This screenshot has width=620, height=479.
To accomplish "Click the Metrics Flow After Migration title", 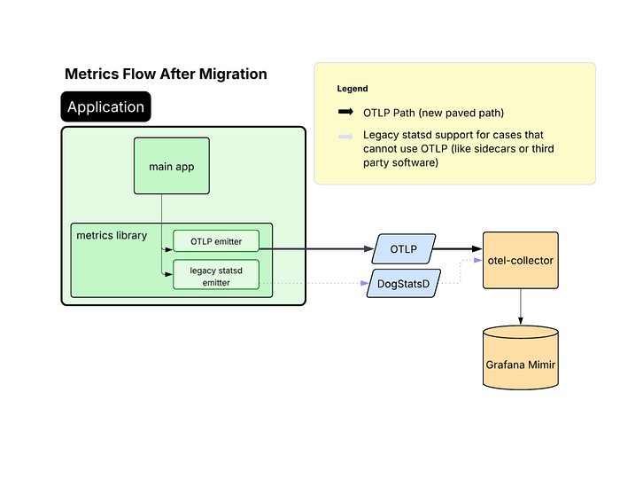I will point(166,75).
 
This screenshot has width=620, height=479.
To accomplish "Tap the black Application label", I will point(105,107).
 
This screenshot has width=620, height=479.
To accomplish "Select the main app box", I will point(172,166).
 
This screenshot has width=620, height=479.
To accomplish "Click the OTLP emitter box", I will point(215,240).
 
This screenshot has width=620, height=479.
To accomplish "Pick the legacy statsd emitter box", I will point(215,276).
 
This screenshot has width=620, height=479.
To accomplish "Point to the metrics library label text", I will point(112,235).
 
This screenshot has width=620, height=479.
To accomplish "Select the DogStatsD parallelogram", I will point(403,284).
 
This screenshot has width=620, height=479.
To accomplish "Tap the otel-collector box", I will point(521,261).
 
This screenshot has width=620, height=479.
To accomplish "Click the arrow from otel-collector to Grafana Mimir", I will point(521,306).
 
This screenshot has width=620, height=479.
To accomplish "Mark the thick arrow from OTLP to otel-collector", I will point(461,249).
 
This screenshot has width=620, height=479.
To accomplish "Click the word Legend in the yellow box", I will point(353,89).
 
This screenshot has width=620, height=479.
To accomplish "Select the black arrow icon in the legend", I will point(345,113).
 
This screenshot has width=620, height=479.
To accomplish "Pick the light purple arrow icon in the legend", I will point(345,136).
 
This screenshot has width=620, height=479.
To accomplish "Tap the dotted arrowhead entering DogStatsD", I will point(363,284).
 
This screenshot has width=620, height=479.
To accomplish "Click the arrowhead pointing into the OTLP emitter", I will point(167,249).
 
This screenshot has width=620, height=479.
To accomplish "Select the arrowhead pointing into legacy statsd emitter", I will point(167,276).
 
